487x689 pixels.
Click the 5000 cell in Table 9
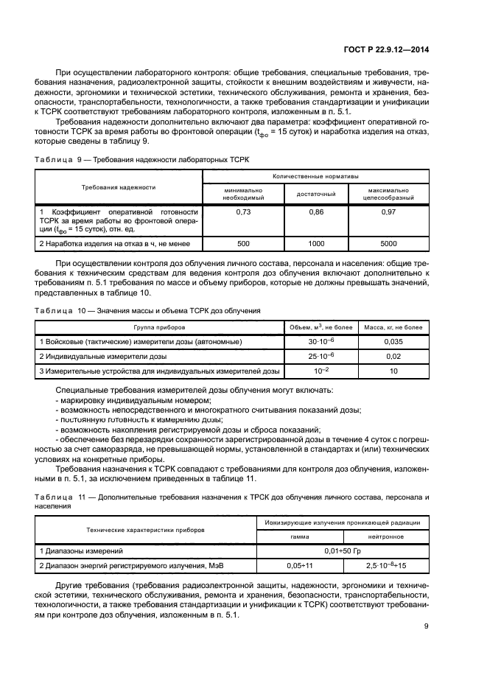tap(388, 242)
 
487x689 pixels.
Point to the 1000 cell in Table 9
tap(316, 242)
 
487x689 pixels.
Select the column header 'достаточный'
tap(316, 194)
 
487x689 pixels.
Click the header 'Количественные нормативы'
tap(316, 177)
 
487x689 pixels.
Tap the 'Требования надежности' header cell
tap(119, 186)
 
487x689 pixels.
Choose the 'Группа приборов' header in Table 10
tap(159, 326)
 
